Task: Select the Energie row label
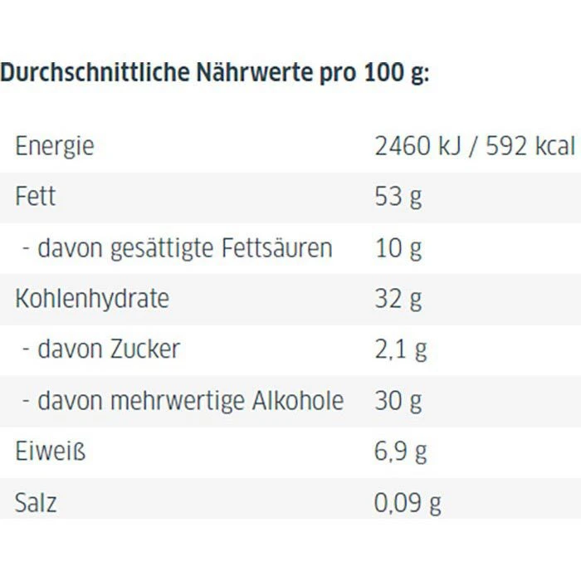pos(55,147)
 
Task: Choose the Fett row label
pos(36,197)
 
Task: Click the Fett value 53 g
pos(398,198)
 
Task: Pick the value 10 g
pos(398,247)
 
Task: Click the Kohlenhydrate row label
pos(92,298)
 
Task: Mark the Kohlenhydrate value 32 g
pos(398,298)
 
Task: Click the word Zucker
pos(144,349)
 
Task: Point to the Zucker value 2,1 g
pos(401,349)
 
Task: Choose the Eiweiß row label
pos(51,452)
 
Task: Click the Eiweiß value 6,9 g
pos(401,452)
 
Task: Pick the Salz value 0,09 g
pos(408,502)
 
